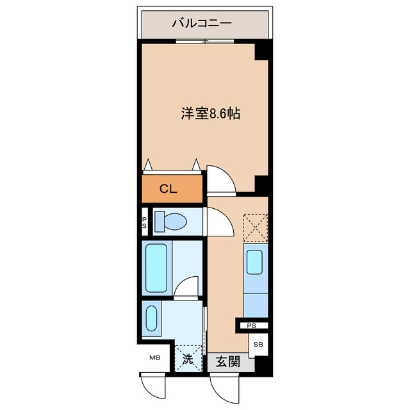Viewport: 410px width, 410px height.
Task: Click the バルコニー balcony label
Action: click(201, 24)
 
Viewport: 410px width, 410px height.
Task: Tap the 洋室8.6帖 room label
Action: click(210, 115)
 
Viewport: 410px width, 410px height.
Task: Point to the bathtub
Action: click(156, 267)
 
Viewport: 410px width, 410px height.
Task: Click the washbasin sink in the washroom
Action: click(152, 318)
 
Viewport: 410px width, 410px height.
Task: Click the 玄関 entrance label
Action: click(227, 362)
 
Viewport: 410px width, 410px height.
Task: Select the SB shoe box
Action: click(258, 345)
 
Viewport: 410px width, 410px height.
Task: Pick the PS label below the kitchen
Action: click(252, 325)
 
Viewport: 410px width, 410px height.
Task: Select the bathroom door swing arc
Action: click(188, 286)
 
